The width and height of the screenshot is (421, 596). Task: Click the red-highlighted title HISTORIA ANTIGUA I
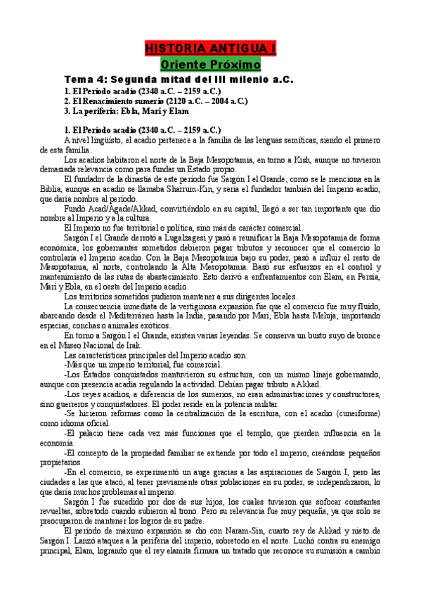tap(210, 48)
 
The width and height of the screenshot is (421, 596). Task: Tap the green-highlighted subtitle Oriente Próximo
tap(210, 64)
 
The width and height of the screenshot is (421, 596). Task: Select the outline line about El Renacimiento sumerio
tap(155, 101)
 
